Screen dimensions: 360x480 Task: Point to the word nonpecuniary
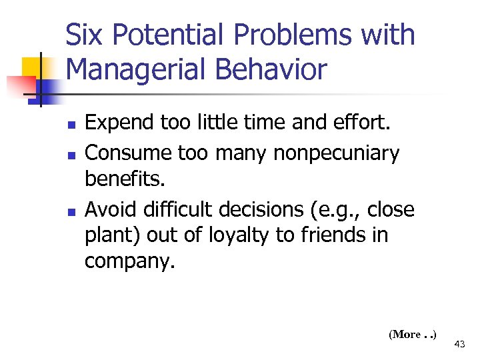pos(336,153)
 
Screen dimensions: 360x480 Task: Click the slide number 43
pos(459,344)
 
